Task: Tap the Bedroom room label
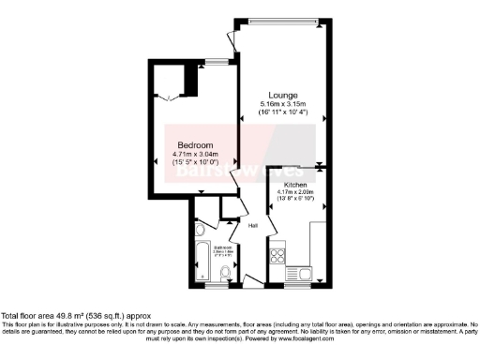(x=194, y=145)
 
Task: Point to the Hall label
(x=253, y=225)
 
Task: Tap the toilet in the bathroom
(x=223, y=272)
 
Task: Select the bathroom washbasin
(x=199, y=231)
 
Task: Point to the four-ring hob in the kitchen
(x=278, y=254)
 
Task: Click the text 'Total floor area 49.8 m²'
(x=47, y=317)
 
